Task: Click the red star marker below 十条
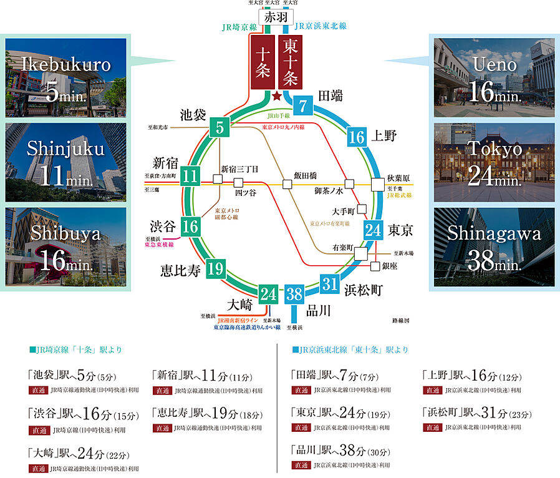click(276, 95)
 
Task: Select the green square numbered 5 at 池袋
click(220, 128)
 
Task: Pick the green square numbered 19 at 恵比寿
click(216, 269)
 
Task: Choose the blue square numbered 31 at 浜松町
click(330, 284)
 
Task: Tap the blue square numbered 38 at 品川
click(294, 293)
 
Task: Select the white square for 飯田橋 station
click(287, 184)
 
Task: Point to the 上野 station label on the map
click(385, 137)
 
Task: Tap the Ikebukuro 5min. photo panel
click(66, 77)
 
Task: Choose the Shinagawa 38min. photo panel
click(494, 247)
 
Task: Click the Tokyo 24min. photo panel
click(494, 162)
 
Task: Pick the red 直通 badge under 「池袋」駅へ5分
click(37, 390)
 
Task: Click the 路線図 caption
click(400, 320)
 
